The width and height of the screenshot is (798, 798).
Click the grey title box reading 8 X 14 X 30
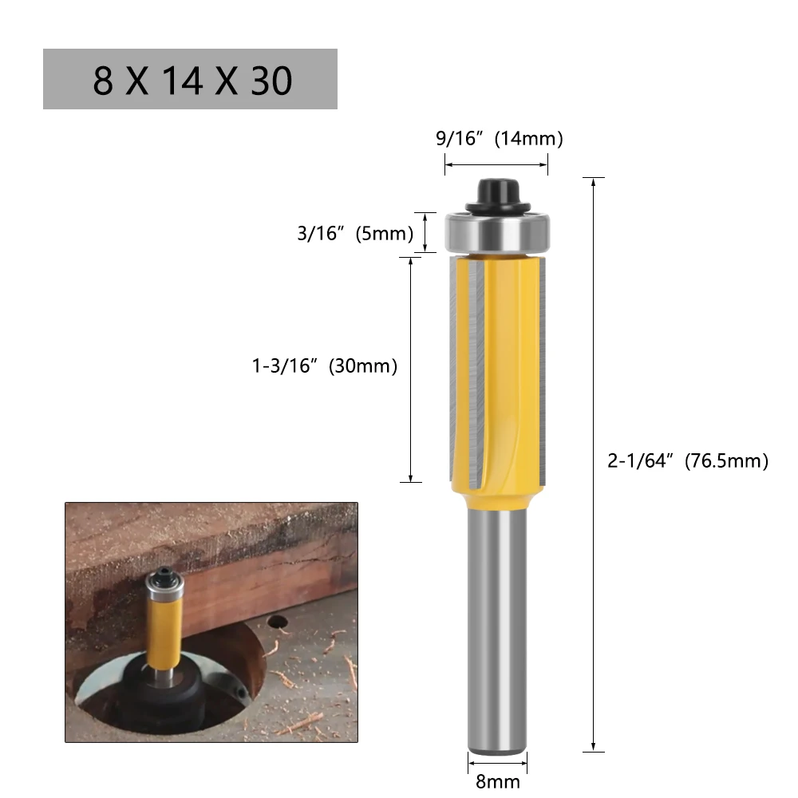click(x=190, y=79)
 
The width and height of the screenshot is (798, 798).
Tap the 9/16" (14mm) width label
click(x=500, y=139)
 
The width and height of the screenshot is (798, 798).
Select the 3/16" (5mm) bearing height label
click(x=355, y=234)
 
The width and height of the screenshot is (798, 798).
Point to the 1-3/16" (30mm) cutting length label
click(x=325, y=366)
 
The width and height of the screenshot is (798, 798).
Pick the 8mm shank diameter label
click(x=497, y=782)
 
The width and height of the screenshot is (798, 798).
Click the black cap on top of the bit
click(x=496, y=193)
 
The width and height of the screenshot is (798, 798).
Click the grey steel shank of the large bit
click(x=496, y=630)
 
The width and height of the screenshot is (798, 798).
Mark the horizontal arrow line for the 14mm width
click(x=496, y=164)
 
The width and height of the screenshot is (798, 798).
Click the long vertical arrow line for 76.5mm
click(x=595, y=463)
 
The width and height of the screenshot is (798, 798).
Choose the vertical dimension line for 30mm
click(x=410, y=369)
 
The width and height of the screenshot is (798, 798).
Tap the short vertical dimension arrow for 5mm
click(x=426, y=232)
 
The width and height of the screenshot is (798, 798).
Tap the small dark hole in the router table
click(x=278, y=621)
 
